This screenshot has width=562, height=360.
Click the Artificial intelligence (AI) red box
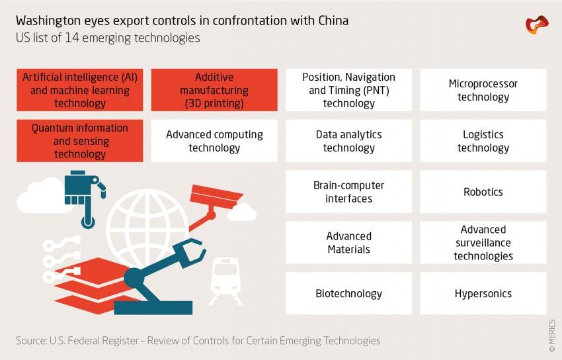tap(80, 90)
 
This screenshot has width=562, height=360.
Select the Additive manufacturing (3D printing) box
tap(214, 90)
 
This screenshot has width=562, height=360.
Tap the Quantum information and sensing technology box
tap(80, 141)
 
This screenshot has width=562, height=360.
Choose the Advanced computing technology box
tap(214, 141)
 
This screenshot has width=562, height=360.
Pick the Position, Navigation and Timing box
tap(348, 90)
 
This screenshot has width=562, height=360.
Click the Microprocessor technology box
tap(483, 90)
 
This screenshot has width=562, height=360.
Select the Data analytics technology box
tap(348, 141)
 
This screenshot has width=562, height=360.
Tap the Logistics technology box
tap(483, 141)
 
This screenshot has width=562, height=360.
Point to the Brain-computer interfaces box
tap(348, 192)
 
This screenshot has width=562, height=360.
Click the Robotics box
tap(483, 192)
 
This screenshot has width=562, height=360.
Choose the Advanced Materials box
tap(348, 243)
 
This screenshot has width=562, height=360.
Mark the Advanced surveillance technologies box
tap(483, 243)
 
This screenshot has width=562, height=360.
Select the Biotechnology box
tap(348, 293)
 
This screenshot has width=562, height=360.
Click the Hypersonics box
tap(483, 293)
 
